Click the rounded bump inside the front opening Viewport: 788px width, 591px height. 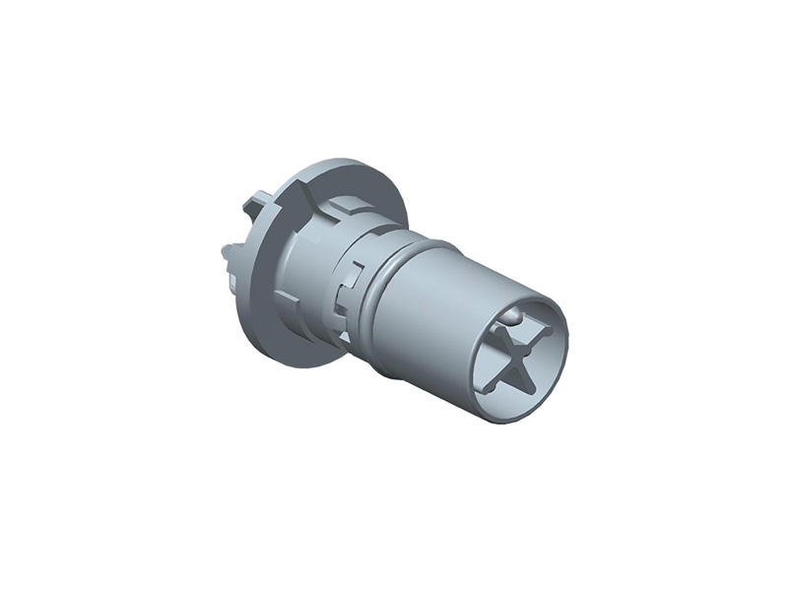(515, 315)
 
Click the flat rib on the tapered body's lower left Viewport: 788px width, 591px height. (286, 295)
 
